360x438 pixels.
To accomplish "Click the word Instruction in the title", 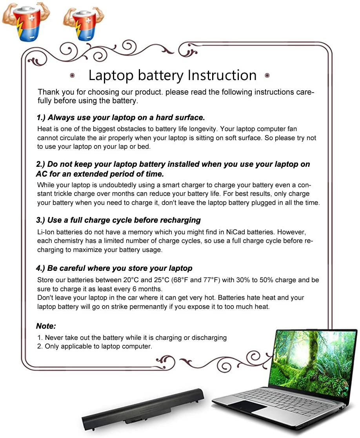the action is [x=222, y=75].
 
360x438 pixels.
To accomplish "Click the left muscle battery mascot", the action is [x=26, y=22].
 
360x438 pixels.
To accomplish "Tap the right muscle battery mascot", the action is [x=84, y=24].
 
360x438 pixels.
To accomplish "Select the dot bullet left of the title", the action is [x=72, y=75].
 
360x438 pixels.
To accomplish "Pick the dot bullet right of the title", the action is [x=267, y=75].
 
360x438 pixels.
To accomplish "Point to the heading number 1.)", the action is [x=41, y=118].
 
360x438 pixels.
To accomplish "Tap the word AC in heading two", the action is [x=42, y=174].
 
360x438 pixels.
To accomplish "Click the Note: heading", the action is [x=46, y=326].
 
